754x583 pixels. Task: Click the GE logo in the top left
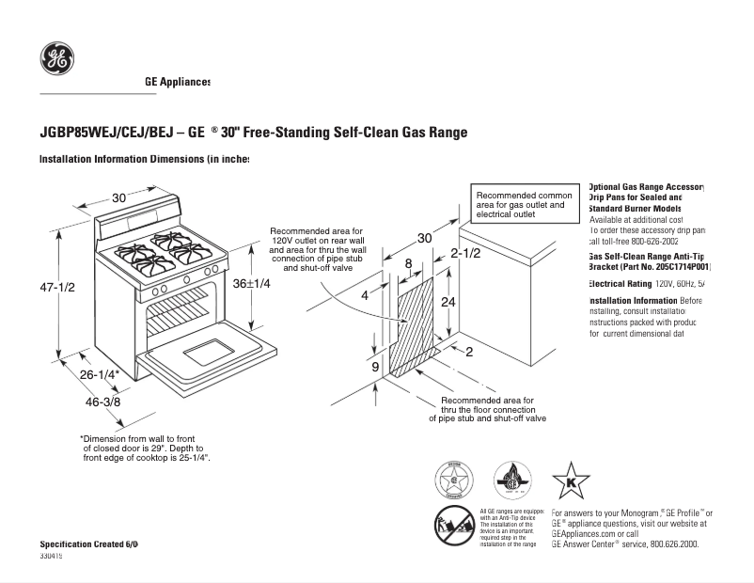click(x=57, y=59)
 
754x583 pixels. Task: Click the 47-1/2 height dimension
click(x=57, y=288)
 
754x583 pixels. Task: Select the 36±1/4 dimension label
click(x=251, y=283)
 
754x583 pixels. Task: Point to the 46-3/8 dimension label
click(x=103, y=402)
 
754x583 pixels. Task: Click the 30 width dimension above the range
click(x=119, y=198)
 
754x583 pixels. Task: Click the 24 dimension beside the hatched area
click(x=448, y=302)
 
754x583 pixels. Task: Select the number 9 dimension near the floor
click(x=374, y=366)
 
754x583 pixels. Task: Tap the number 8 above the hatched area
click(x=408, y=264)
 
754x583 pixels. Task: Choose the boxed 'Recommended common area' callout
click(x=524, y=204)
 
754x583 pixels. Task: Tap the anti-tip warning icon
click(x=453, y=524)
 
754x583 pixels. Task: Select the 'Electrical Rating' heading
click(x=620, y=283)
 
